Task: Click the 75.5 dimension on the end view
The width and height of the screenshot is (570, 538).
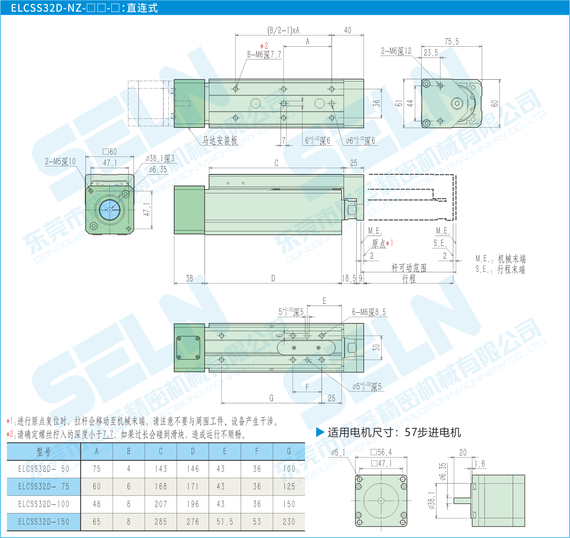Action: coord(451,42)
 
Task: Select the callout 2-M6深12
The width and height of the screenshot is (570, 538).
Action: coord(396,51)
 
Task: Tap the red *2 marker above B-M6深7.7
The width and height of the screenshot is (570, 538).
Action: coord(264,46)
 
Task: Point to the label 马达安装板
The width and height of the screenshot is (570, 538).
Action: coord(220,140)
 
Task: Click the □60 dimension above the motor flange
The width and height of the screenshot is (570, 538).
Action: coord(110,152)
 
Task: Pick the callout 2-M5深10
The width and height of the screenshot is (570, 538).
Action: coord(60,162)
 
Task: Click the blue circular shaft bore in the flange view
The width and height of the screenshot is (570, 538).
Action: coord(110,210)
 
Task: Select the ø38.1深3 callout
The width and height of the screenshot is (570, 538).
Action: coord(160,159)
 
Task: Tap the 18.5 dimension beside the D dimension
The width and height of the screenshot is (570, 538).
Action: coord(349,278)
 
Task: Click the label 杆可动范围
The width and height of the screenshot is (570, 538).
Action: coord(409,268)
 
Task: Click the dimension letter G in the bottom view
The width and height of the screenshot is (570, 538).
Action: coord(271,398)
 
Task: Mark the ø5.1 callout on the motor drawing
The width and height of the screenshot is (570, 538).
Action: coord(338,453)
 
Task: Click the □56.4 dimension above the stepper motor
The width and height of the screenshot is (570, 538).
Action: coord(381,453)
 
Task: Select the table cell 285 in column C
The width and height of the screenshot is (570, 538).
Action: coord(161,522)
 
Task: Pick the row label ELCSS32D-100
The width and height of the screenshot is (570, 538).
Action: coord(44,504)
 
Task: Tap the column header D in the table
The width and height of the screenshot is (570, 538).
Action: coord(193,451)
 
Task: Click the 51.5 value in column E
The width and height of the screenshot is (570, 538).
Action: coord(224,522)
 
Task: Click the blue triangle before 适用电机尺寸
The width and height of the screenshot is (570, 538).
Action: coord(320,432)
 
